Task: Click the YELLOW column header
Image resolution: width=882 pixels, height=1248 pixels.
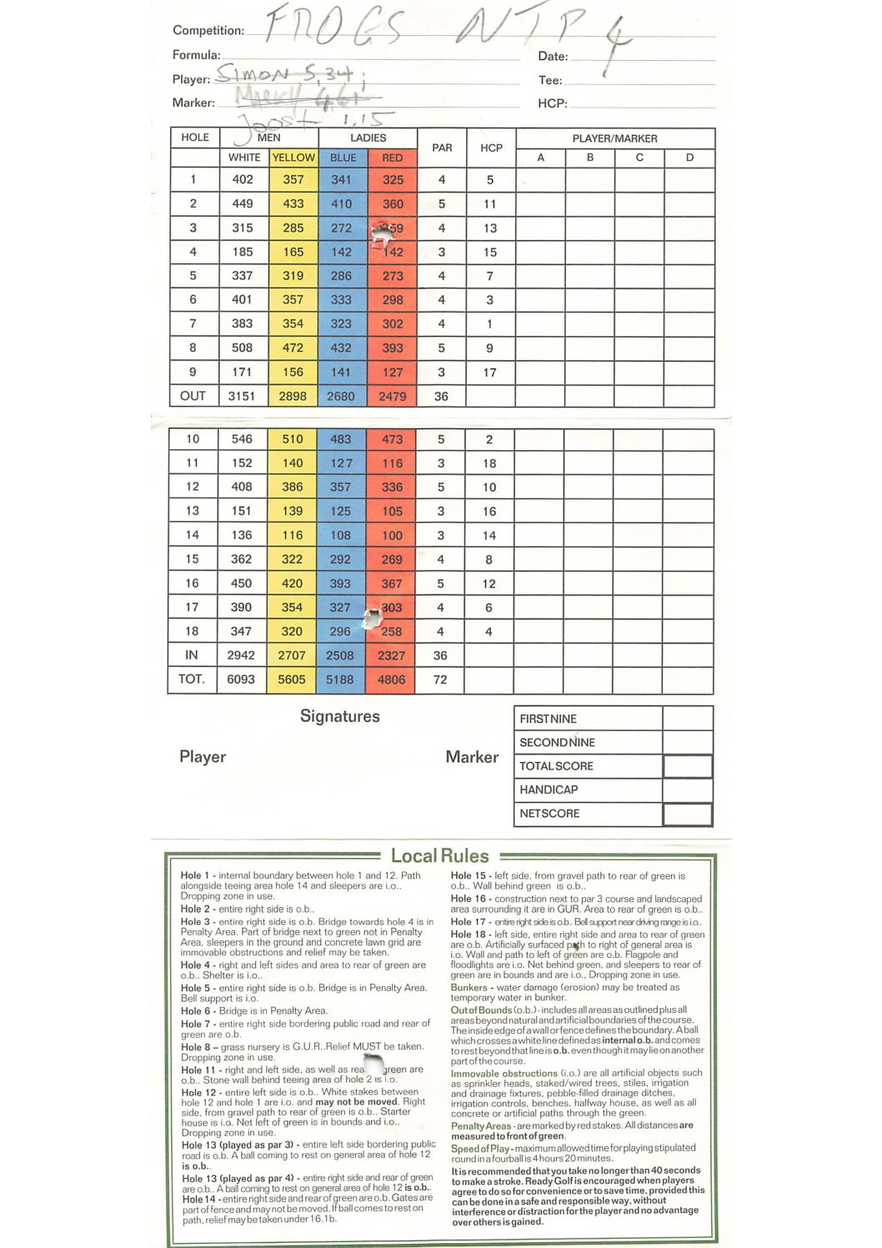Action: point(293,157)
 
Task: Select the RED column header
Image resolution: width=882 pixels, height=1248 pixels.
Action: point(392,157)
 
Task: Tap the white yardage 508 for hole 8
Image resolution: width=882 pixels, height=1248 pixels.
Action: point(243,348)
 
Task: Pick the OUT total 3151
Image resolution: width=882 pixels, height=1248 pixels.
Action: point(242,396)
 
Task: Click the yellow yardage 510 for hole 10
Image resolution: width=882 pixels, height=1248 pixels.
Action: point(293,439)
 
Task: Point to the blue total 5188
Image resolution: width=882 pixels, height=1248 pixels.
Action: point(340,679)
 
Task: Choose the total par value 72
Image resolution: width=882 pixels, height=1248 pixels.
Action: point(440,679)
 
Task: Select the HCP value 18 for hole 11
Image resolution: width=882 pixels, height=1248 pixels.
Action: point(489,463)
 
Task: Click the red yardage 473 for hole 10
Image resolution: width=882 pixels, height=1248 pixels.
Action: point(392,439)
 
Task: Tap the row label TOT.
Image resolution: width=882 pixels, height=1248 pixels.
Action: point(192,679)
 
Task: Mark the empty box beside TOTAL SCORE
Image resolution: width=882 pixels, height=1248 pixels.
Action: point(688,766)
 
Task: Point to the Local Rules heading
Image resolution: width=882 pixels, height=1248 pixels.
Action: point(439,855)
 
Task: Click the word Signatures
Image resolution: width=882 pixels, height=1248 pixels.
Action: point(339,716)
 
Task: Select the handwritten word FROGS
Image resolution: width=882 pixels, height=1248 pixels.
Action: point(333,28)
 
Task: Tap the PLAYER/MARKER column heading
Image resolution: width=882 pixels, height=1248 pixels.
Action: point(614,138)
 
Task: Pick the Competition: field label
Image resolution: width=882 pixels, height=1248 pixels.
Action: point(208,31)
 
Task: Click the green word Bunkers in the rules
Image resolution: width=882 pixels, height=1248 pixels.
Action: point(469,987)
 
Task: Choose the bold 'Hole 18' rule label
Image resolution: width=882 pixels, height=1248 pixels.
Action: point(469,935)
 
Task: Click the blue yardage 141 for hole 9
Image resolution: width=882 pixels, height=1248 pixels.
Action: point(342,373)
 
